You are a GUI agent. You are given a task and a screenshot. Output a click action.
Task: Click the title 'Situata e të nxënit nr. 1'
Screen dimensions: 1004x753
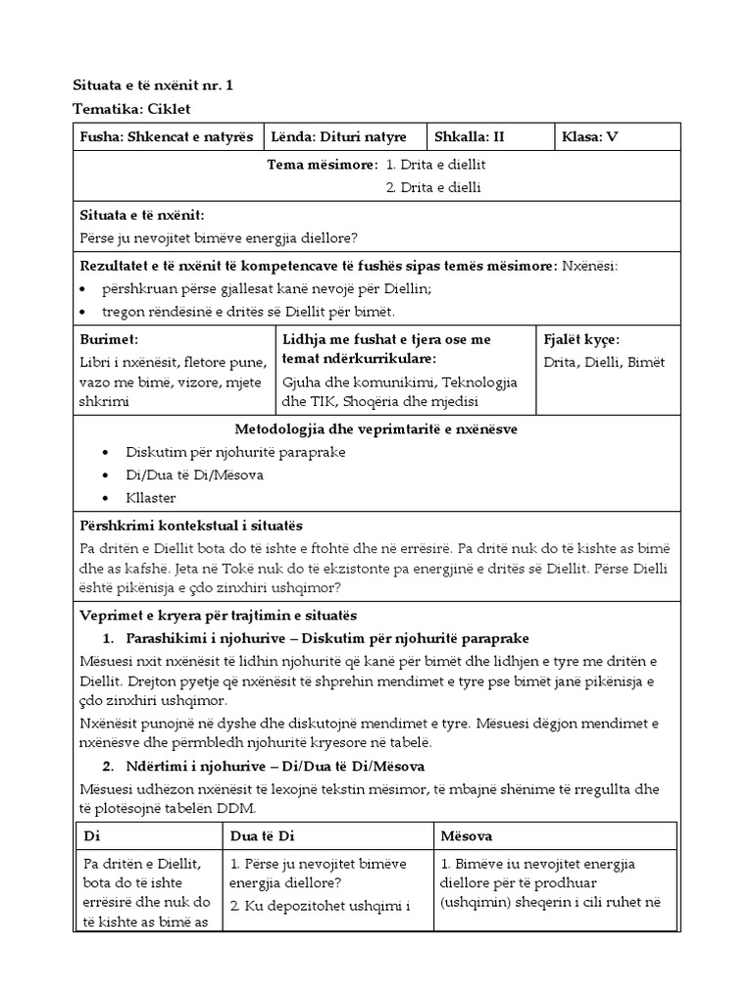pos(154,85)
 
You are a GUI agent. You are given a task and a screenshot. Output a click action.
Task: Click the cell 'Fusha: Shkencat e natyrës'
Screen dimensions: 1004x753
pos(166,137)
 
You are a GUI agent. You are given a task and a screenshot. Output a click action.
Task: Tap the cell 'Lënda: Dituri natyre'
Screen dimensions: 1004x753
pos(350,137)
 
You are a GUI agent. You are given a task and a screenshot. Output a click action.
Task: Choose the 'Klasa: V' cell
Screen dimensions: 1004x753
pos(590,137)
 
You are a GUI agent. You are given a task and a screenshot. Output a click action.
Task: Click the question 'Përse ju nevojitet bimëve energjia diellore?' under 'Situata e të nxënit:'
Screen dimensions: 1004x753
pos(219,237)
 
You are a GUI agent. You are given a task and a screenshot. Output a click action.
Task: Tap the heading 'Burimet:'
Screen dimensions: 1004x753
pos(110,339)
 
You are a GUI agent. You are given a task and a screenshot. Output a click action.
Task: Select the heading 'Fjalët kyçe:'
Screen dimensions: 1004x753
pos(581,339)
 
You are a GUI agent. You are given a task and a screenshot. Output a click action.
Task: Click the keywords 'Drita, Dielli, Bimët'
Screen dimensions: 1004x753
pos(603,362)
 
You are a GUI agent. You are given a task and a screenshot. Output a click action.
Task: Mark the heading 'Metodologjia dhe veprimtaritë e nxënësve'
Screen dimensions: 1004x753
pos(376,429)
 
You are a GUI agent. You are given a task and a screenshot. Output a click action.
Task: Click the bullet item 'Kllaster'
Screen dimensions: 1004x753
pos(151,497)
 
